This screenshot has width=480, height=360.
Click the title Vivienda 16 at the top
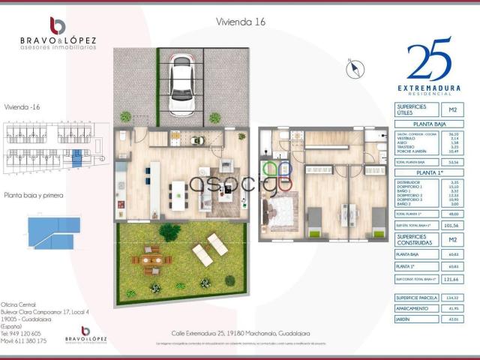240,22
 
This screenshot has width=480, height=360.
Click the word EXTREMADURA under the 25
430,88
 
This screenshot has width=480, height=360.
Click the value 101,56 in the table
452,224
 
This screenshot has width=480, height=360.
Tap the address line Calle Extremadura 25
240,332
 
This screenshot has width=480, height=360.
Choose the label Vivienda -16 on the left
22,108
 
